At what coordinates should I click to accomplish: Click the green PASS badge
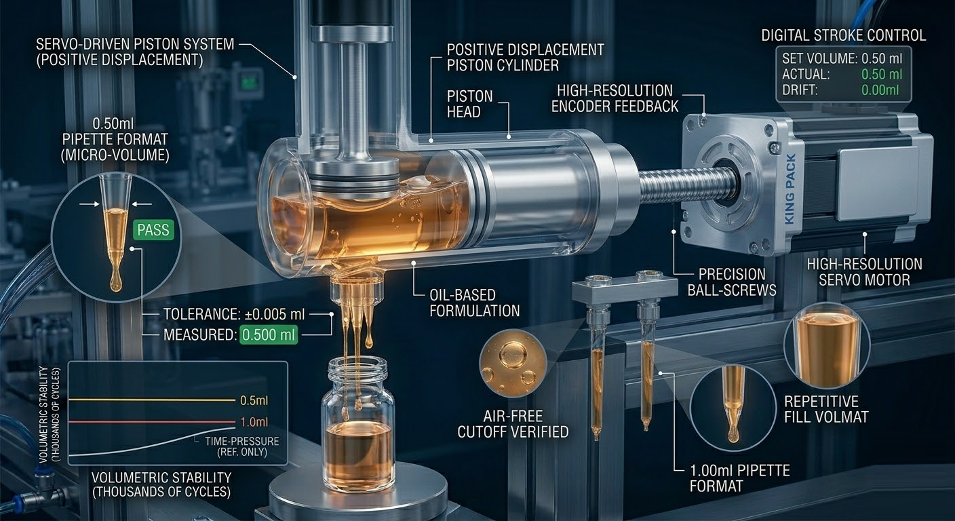point(153,230)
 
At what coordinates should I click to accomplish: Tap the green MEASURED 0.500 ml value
point(269,335)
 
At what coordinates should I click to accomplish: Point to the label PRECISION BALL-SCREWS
point(732,282)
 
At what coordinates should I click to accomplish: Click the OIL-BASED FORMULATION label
point(475,303)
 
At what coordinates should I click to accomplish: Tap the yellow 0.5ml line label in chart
point(254,401)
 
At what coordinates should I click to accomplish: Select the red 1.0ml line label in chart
point(254,422)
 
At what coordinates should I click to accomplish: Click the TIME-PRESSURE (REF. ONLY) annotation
point(242,446)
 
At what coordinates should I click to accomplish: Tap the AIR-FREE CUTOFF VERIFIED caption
point(513,424)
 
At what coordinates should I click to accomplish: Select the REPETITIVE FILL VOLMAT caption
point(826,409)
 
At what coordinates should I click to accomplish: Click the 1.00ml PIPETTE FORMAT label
point(740,478)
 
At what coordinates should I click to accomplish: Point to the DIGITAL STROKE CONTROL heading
point(844,35)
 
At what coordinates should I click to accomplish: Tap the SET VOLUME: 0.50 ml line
point(842,58)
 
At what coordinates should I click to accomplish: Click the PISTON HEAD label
point(469,104)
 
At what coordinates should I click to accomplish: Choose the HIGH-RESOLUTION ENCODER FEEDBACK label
point(615,98)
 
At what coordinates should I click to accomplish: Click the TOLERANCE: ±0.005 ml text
point(234,315)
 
